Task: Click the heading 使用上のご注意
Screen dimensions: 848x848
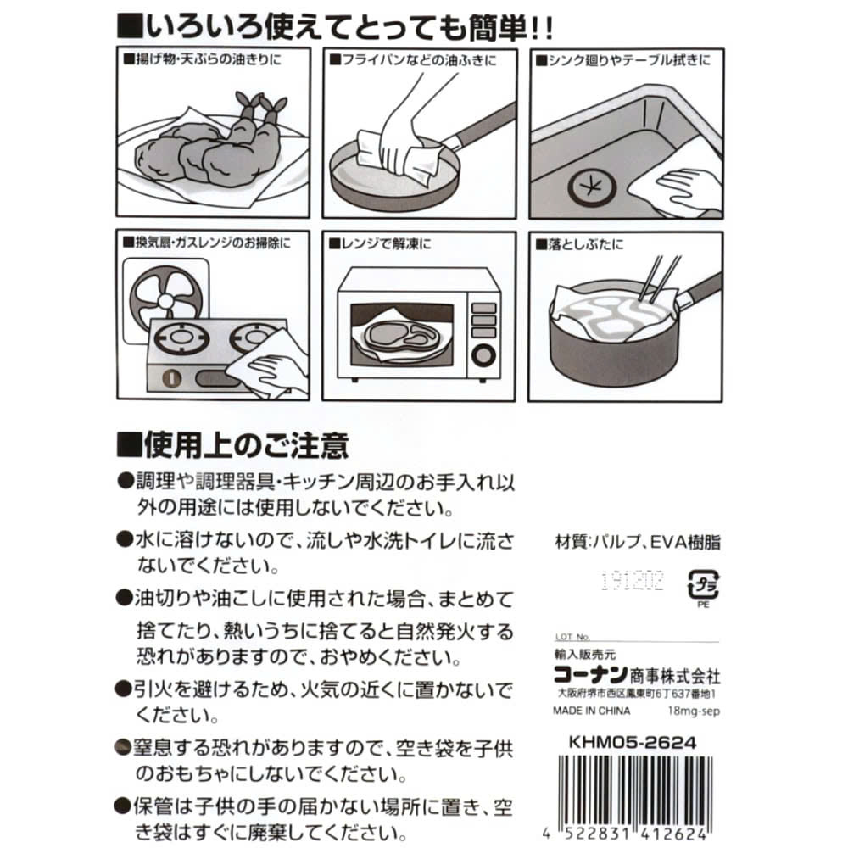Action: point(232,444)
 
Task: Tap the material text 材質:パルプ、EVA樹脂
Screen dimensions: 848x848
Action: point(636,544)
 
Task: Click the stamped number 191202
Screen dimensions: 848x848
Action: point(631,581)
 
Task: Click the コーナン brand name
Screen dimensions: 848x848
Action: point(589,676)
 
